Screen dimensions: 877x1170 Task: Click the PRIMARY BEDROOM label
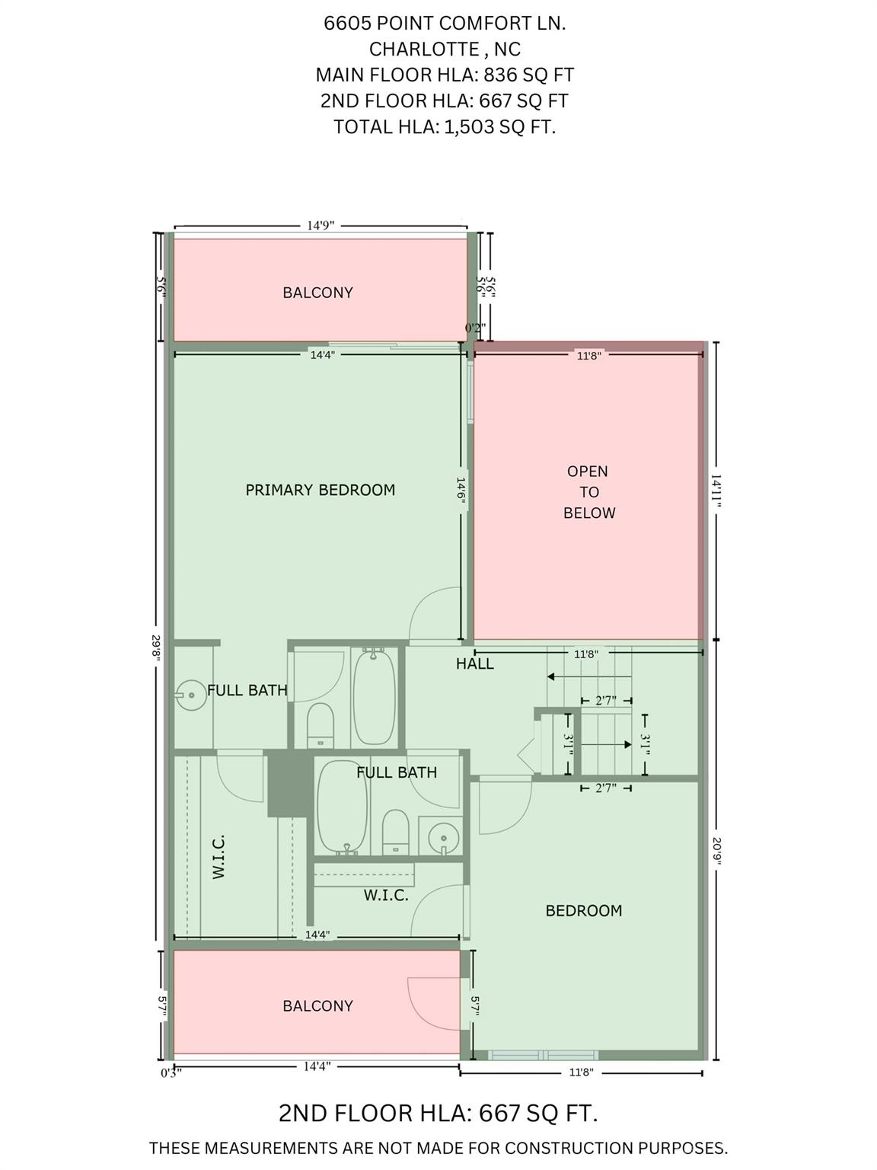point(320,490)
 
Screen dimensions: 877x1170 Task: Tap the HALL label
point(475,663)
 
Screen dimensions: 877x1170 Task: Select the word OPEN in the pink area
point(587,472)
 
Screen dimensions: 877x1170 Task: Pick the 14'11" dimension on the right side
point(716,491)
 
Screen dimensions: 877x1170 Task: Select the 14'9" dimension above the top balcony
point(320,225)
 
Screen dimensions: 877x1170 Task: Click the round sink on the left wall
point(190,695)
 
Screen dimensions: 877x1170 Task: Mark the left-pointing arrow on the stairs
point(589,676)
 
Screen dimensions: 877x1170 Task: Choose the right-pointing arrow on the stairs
point(606,744)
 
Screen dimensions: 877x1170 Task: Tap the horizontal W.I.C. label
point(386,895)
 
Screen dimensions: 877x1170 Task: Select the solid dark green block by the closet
point(288,783)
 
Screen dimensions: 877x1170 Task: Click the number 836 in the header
point(500,75)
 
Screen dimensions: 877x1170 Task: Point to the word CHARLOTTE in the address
point(424,49)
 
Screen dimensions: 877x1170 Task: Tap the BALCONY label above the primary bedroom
point(318,292)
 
